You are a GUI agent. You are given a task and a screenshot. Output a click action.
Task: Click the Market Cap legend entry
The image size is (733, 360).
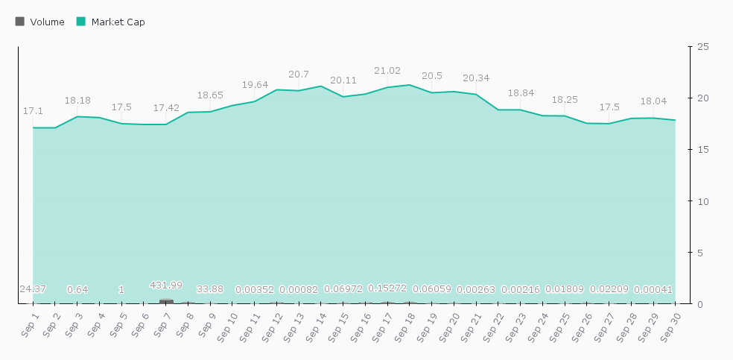(x=110, y=22)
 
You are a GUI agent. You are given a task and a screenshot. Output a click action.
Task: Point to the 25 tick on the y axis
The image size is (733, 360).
(x=702, y=47)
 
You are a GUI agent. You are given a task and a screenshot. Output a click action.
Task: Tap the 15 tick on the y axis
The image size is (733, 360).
(x=702, y=150)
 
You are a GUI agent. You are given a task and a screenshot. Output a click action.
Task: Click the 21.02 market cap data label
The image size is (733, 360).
(x=387, y=71)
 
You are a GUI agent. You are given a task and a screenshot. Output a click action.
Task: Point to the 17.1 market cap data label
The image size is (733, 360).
(x=33, y=111)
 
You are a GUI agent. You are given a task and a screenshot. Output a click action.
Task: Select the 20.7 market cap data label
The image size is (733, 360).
(x=299, y=75)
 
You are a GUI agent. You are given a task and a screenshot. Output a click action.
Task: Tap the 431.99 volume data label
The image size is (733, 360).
(x=166, y=285)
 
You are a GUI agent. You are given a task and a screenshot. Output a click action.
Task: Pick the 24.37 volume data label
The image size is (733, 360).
(x=33, y=289)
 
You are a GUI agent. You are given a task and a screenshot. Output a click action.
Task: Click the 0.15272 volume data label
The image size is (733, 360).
(x=387, y=288)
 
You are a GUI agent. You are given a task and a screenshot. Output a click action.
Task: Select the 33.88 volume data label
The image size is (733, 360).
(x=211, y=289)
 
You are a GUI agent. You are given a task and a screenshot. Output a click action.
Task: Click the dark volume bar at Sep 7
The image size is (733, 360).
(x=166, y=301)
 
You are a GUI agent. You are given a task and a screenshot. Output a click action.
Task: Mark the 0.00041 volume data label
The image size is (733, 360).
(x=653, y=289)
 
